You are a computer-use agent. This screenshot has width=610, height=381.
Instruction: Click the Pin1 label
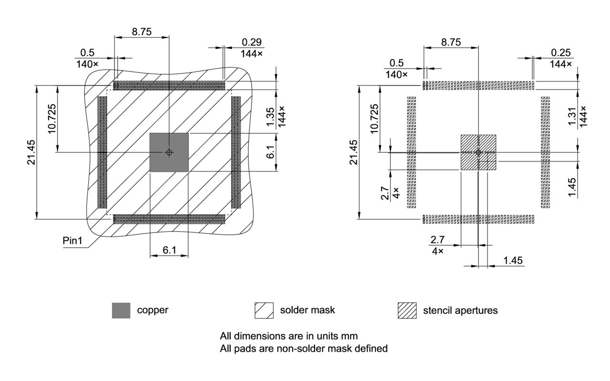73,241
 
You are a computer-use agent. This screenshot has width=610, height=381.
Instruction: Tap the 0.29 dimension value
251,42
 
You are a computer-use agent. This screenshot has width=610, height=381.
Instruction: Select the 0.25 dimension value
561,52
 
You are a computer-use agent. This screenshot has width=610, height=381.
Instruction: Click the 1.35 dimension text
270,117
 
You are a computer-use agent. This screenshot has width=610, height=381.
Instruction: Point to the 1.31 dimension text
572,118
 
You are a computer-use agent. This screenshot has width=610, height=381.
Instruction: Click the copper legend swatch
121,311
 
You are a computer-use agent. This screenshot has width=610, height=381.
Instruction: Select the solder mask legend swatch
264,311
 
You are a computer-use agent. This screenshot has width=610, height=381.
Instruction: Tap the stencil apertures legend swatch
407,311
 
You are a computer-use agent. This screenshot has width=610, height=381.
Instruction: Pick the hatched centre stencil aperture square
478,152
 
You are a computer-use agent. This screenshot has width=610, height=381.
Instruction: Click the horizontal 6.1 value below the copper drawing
169,250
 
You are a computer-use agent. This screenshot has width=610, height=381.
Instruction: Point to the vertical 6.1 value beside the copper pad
270,152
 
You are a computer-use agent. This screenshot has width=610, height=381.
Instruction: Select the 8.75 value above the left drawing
142,32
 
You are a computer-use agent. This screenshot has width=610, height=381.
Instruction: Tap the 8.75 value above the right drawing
451,42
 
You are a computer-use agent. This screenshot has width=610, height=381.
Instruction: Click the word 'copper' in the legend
152,310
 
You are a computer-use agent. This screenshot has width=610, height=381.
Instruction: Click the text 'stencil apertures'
460,311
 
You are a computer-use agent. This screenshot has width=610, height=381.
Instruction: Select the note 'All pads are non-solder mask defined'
304,349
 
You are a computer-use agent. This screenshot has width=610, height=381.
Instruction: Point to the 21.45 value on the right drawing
353,152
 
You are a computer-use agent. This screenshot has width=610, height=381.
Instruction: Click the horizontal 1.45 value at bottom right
513,260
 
